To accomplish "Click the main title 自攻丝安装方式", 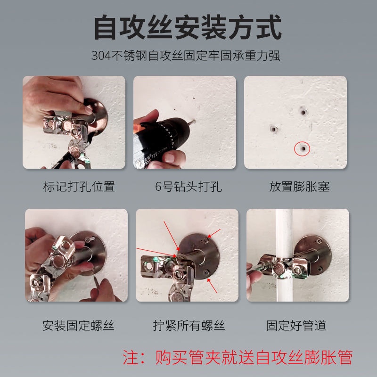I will (188, 28).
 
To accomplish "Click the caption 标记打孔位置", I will (79, 186).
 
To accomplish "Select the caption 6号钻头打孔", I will (188, 186).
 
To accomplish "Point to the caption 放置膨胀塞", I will (299, 186).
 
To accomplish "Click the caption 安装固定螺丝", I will (79, 325).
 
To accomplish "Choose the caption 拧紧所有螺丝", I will (188, 325).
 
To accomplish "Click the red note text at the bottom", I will (238, 357).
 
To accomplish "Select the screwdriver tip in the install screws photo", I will (98, 283).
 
